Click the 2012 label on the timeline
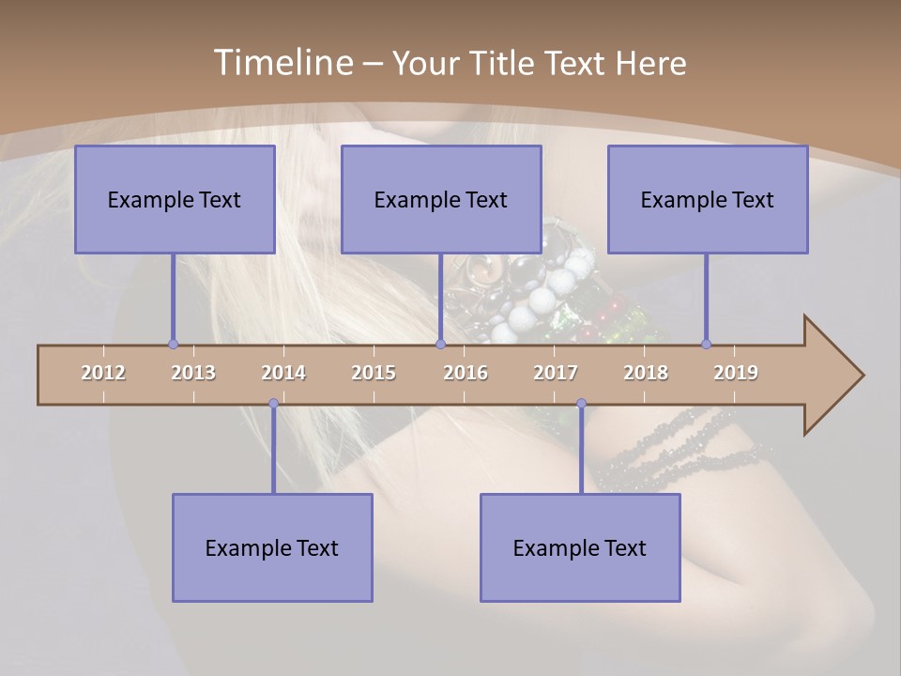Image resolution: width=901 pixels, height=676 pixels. pos(103,373)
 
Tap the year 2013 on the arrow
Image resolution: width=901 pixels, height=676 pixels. pos(193,373)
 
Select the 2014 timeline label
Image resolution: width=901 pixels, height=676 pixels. pos(283,373)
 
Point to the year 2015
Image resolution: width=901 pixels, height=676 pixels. pos(374,373)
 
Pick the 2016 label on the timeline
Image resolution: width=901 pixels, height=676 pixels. pos(466,373)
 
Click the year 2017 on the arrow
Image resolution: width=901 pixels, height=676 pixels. pos(556,373)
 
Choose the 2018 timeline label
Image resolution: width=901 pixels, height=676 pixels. pos(646,373)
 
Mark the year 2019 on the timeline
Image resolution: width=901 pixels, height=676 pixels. pos(736,373)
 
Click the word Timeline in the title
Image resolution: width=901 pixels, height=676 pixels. pos(281,63)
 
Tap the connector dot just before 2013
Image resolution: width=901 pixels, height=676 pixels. pos(173,344)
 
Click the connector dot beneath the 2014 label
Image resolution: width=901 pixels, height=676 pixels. pos(273,404)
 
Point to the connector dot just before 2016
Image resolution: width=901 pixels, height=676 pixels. pos(440,344)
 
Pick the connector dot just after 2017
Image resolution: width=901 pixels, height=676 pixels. pos(581,404)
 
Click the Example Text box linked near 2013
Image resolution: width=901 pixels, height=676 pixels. pos(175,199)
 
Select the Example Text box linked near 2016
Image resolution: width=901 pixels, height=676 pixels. pos(441,199)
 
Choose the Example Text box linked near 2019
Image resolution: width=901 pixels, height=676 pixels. pos(708,199)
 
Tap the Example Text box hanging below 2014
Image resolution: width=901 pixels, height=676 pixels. pos(272,547)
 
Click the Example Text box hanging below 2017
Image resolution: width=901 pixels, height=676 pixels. pos(580,547)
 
